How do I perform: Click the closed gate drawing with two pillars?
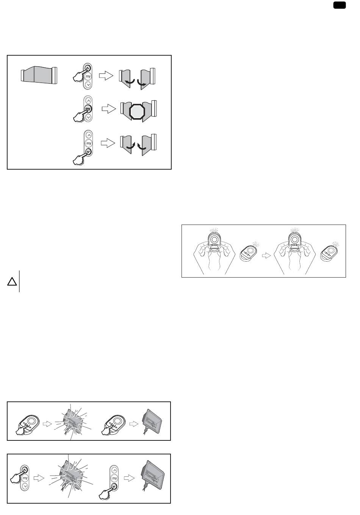point(39,75)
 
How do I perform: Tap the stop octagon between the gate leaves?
point(137,111)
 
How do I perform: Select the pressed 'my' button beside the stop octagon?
point(88,109)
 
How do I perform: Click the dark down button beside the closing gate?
point(88,152)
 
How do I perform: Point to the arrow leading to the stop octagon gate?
point(109,109)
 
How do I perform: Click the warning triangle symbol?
point(12,281)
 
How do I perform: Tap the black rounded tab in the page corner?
point(340,5)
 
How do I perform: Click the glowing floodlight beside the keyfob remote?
point(73,423)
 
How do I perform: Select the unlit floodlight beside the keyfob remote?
point(152,421)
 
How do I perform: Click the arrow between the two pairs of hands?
point(266,256)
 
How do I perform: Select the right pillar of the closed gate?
point(55,75)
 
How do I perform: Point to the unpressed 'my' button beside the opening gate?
point(88,76)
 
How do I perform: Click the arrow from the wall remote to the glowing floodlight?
point(39,478)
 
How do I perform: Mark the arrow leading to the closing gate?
point(108,143)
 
